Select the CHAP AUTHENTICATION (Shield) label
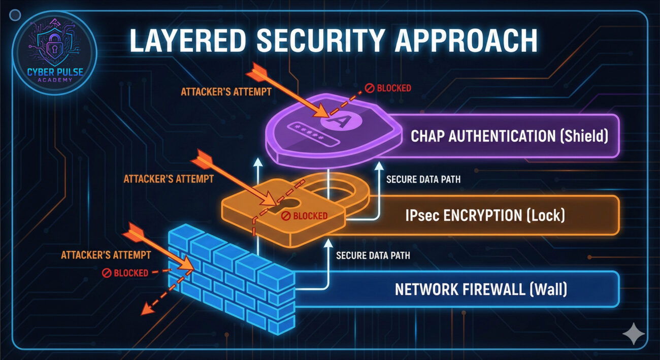(509, 136)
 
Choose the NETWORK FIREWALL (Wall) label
(480, 290)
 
